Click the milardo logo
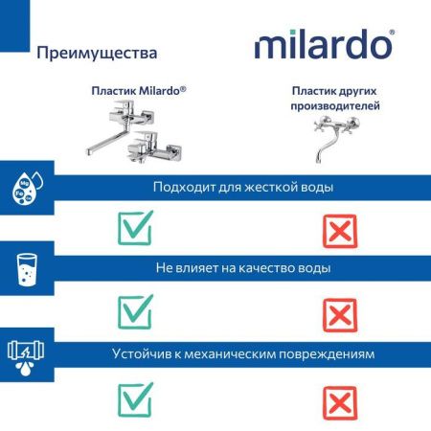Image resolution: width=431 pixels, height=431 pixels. click(x=324, y=45)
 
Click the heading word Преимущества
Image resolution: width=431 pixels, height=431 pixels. click(x=97, y=52)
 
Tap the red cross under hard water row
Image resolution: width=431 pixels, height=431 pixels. click(x=336, y=230)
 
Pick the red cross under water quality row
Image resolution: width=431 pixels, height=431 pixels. click(x=336, y=313)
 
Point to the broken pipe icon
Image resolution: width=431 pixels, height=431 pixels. click(x=26, y=353)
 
